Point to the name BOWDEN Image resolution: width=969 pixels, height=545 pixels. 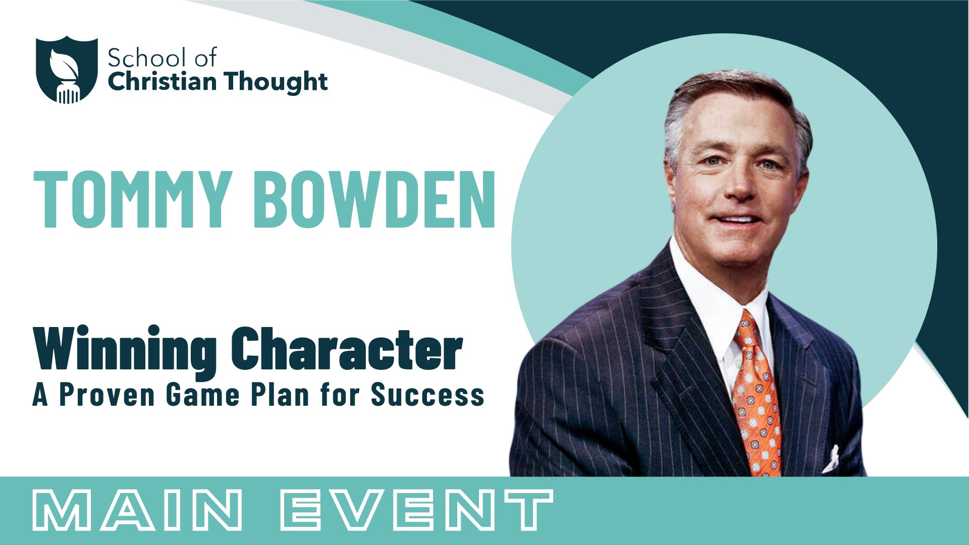pyautogui.click(x=374, y=199)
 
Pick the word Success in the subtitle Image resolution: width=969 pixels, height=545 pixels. pyautogui.click(x=427, y=395)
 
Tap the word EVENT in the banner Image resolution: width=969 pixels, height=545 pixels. pyautogui.click(x=417, y=510)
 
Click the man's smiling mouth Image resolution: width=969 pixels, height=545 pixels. pyautogui.click(x=737, y=220)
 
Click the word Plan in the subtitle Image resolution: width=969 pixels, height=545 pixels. pyautogui.click(x=280, y=395)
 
